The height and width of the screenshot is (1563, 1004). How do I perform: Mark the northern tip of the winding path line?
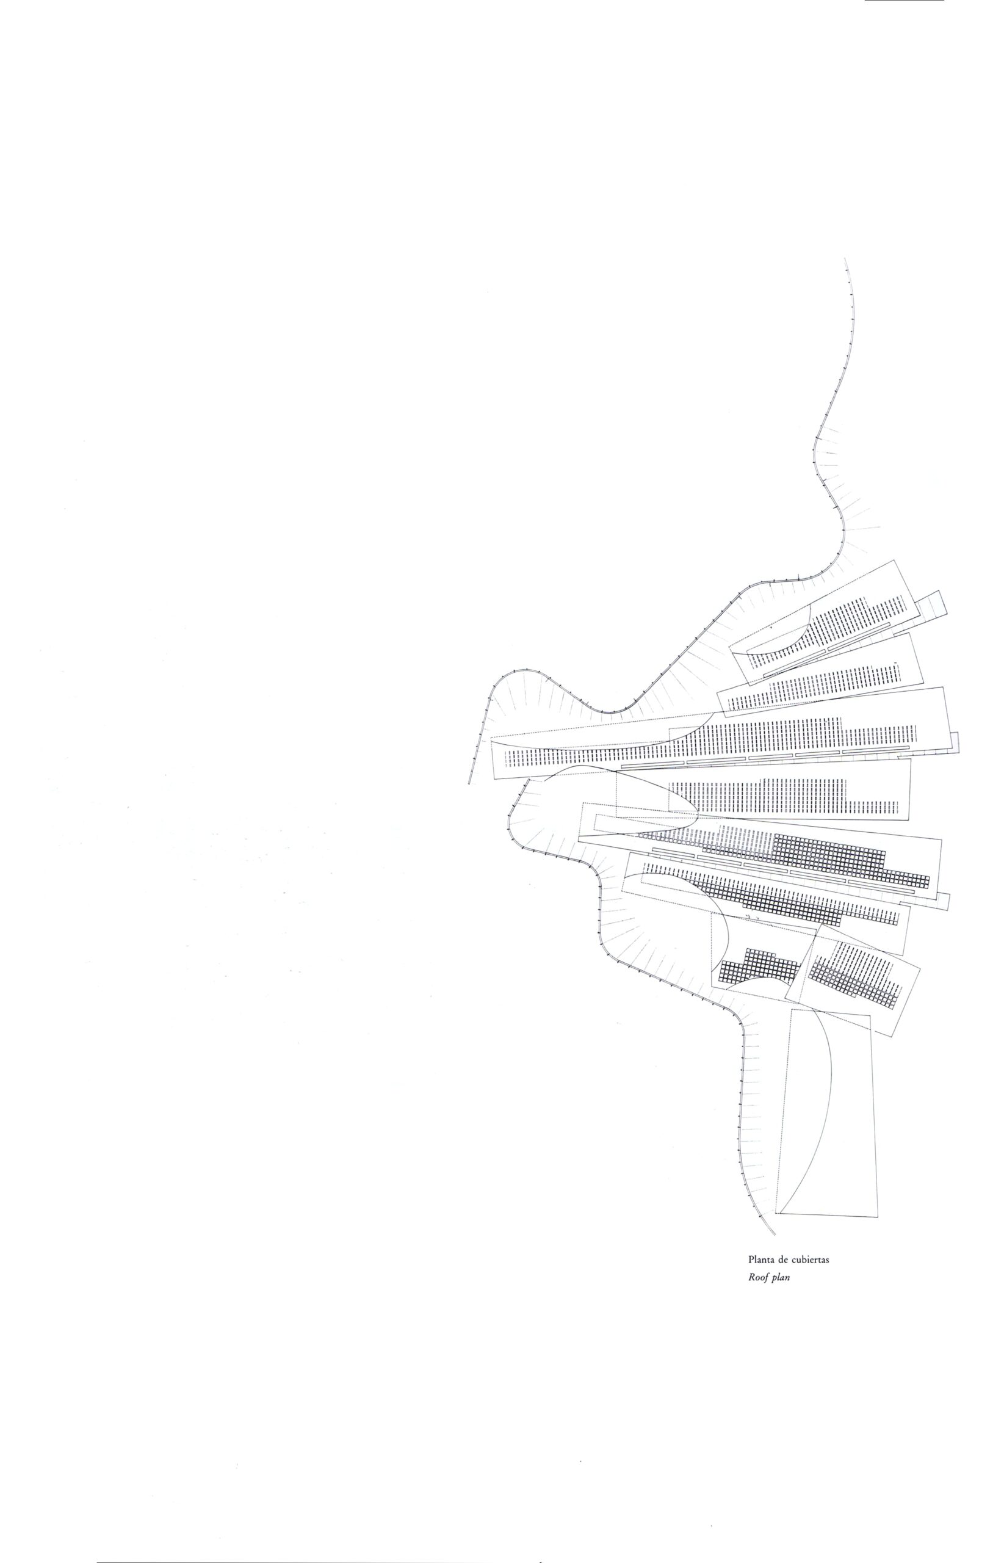coord(845,259)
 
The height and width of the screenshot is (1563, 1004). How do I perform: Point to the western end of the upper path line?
coord(469,783)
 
